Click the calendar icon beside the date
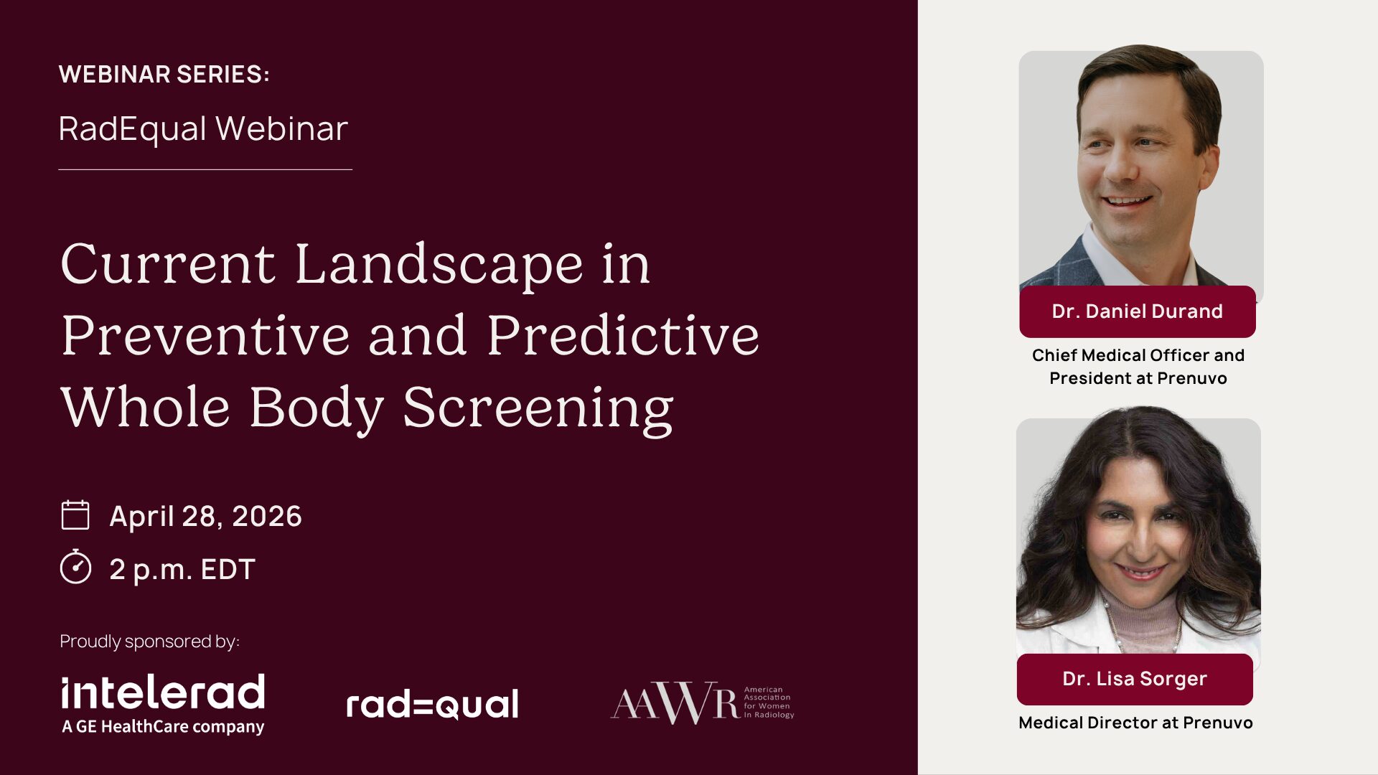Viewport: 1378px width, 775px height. point(75,515)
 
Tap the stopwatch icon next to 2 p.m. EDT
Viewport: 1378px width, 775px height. point(75,567)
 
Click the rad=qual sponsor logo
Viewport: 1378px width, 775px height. point(432,705)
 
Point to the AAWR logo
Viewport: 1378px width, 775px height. point(702,703)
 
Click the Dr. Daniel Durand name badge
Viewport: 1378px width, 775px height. point(1138,311)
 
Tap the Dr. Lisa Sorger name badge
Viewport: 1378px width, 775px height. point(1135,679)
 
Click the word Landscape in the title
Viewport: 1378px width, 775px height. point(439,265)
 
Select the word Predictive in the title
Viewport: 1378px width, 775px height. point(623,335)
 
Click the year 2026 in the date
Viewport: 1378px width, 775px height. point(267,516)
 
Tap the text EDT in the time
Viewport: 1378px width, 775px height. point(228,570)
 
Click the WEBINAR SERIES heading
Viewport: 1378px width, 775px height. point(164,74)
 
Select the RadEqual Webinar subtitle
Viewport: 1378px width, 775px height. point(203,129)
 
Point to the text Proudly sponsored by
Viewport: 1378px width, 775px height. point(149,641)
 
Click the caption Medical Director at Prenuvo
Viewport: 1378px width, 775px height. point(1135,723)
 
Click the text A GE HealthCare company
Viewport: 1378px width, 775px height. point(163,726)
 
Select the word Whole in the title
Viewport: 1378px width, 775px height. point(146,408)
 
